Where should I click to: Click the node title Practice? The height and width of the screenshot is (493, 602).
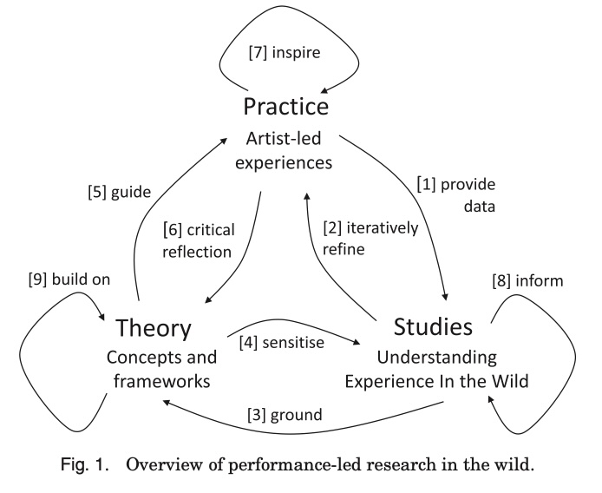click(x=285, y=108)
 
